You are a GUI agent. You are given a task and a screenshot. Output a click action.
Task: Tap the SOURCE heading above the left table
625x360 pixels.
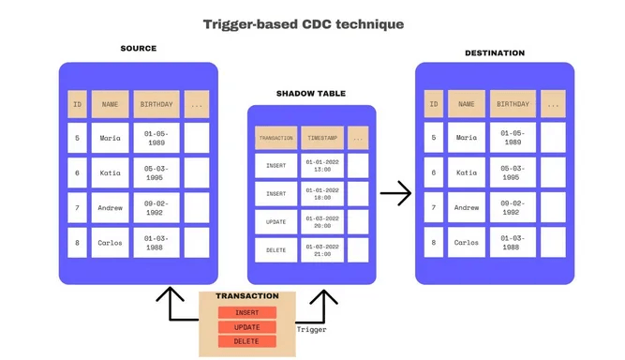click(138, 48)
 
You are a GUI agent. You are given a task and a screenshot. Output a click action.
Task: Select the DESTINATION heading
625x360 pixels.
click(494, 52)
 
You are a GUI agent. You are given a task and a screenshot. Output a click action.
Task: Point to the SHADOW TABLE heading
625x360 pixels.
click(310, 94)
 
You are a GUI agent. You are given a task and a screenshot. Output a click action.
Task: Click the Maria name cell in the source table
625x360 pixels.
click(111, 138)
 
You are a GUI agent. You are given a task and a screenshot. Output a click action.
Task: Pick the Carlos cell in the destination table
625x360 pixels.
click(467, 242)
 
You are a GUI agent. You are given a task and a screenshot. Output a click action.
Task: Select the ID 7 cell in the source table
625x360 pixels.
click(76, 207)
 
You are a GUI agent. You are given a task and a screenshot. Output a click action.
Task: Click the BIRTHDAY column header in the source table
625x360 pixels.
click(156, 104)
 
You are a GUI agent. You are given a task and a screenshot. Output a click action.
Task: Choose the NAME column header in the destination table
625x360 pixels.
click(467, 104)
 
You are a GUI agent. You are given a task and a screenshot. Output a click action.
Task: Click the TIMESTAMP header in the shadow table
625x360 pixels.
click(321, 138)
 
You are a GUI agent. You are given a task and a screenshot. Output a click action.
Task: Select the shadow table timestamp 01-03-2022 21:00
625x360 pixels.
click(321, 250)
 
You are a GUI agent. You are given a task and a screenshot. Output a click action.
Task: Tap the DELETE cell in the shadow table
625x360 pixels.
click(275, 250)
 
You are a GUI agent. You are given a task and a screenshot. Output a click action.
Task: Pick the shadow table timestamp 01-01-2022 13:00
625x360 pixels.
click(321, 167)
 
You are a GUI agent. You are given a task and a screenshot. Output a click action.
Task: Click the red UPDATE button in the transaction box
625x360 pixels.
click(247, 327)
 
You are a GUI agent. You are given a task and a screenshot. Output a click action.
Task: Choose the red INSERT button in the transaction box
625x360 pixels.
click(247, 312)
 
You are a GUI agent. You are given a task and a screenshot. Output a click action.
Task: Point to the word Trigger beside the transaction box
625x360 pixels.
click(311, 330)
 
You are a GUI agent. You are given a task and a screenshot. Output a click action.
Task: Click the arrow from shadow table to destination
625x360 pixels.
click(395, 194)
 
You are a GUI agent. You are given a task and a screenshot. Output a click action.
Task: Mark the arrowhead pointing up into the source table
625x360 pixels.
click(170, 293)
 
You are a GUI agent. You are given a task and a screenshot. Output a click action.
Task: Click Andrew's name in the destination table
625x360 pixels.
click(467, 207)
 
